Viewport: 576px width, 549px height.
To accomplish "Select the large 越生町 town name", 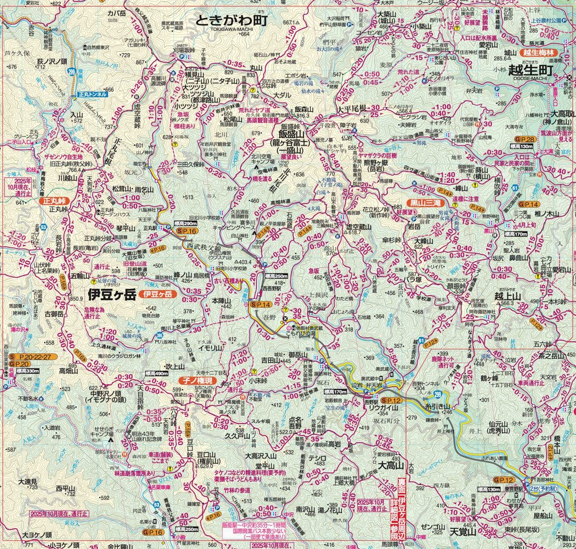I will click(x=530, y=70).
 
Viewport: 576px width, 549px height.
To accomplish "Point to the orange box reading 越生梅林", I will click(x=539, y=53).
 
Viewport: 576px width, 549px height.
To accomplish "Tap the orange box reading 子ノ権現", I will click(x=194, y=379).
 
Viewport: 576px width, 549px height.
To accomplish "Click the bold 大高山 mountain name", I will click(x=391, y=466).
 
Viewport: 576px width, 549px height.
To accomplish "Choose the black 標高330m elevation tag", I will click(x=27, y=371).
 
